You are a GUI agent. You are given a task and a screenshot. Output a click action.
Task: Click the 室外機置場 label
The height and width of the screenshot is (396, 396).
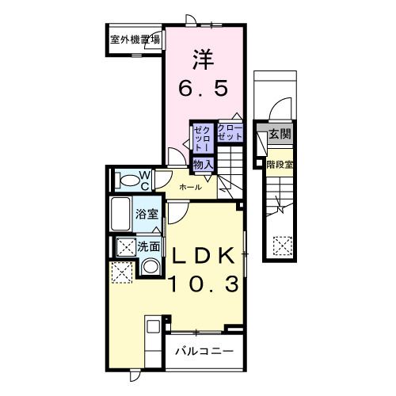coord(135,37)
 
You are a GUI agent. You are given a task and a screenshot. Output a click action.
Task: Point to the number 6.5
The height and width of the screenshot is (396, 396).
coord(203,89)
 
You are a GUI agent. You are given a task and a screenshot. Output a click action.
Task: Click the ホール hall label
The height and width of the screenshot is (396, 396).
coord(190,188)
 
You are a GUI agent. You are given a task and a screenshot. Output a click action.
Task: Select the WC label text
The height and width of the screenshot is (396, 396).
coord(145,181)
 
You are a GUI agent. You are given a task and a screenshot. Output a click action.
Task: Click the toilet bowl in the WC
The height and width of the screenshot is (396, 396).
coord(127,181)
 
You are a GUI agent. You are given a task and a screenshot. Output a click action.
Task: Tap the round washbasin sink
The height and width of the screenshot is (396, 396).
coord(148,268)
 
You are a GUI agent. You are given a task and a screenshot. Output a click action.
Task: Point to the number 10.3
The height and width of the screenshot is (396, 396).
coord(203,284)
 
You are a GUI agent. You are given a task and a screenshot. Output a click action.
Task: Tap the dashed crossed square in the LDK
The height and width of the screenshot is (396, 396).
coord(121,273)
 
